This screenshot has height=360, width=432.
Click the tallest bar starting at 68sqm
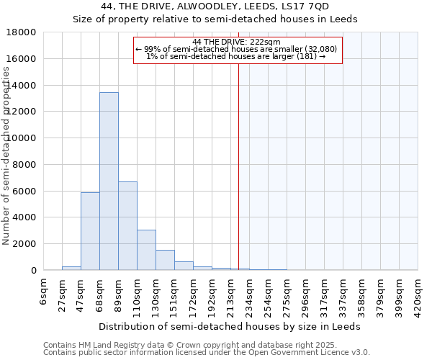(109, 181)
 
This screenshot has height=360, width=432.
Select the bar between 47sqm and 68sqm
(90, 231)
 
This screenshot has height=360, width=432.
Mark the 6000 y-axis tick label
(25, 191)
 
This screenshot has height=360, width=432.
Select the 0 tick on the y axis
(33, 271)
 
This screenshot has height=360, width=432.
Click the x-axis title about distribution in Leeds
(230, 326)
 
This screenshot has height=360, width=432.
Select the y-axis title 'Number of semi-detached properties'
(6, 155)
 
